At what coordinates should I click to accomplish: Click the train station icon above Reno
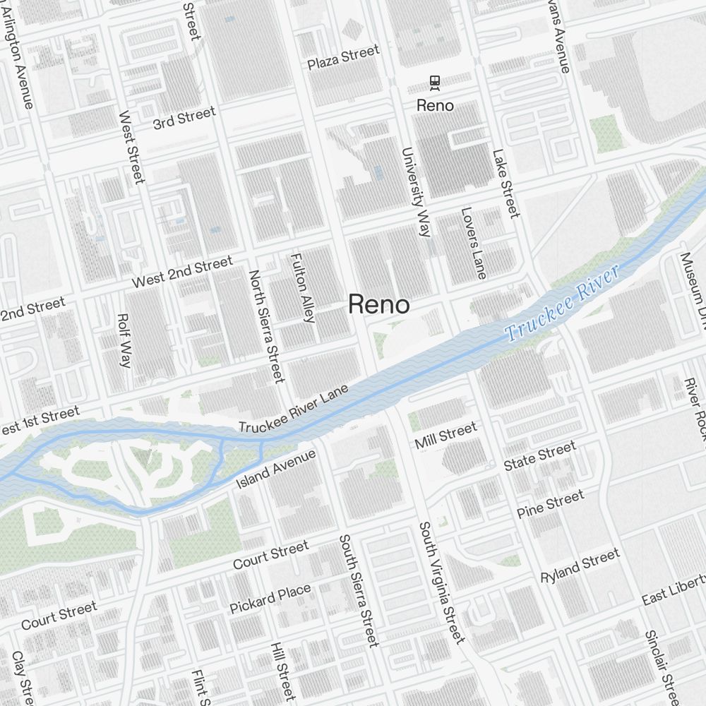point(435,83)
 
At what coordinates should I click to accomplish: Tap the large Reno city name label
point(378,305)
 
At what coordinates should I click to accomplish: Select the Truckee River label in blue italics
point(563,304)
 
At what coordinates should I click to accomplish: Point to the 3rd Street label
point(184,119)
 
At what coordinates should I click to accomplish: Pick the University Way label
point(415,191)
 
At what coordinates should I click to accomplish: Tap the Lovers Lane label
point(474,242)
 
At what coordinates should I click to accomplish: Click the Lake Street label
point(505,183)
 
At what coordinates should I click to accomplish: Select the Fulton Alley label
point(302,287)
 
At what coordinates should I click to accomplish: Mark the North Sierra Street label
point(266,325)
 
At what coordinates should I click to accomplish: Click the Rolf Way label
point(124,341)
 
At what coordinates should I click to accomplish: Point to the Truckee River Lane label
point(294,409)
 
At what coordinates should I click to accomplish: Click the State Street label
point(539,456)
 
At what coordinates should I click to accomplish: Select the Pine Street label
point(551,504)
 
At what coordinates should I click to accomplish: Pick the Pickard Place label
point(270,599)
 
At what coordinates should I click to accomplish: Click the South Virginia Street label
point(441,582)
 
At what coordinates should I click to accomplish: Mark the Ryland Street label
point(580,565)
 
